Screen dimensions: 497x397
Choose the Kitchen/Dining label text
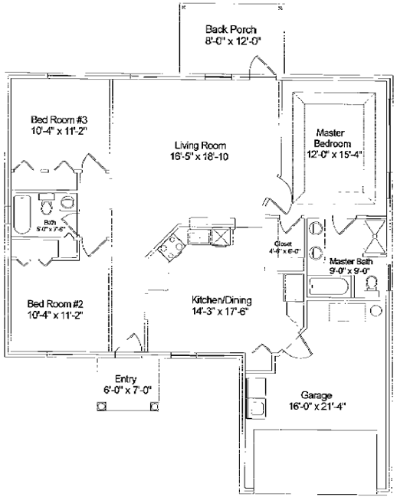coord(221,300)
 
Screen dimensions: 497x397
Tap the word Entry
coord(125,379)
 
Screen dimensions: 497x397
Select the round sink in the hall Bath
coord(67,203)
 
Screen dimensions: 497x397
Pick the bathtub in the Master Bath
coord(328,288)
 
